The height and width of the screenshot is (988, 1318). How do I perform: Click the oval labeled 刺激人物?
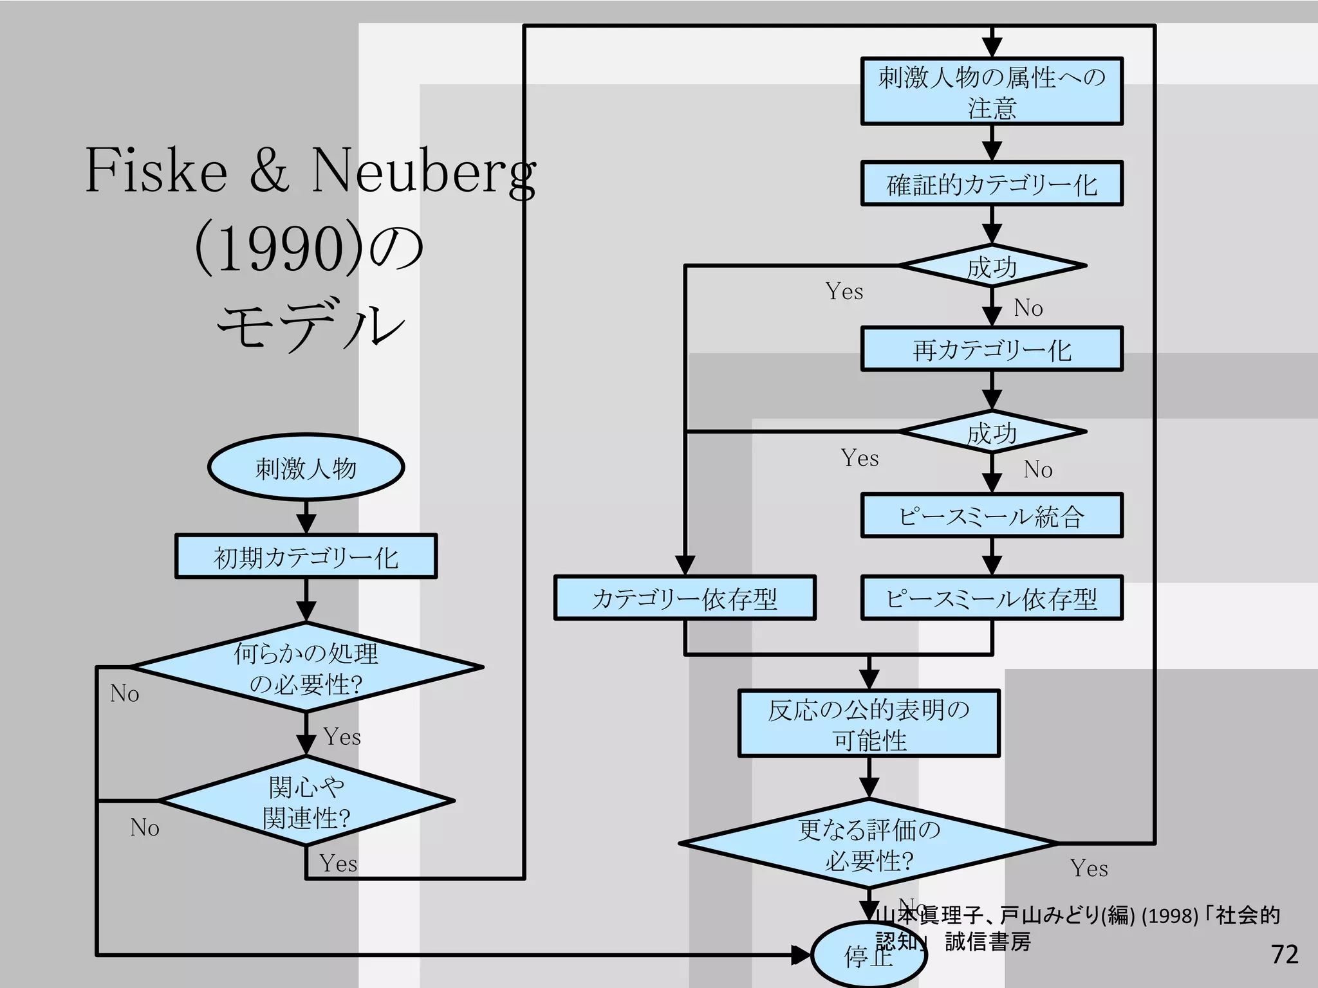click(x=306, y=468)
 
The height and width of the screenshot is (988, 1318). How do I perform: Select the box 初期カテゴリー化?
click(x=306, y=556)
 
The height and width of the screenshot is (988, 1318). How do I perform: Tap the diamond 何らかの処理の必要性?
click(x=306, y=668)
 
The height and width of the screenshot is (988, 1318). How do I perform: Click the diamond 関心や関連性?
click(x=306, y=801)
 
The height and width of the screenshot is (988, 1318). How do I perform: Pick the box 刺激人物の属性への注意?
click(x=992, y=91)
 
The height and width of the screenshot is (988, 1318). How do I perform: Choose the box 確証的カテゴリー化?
click(x=992, y=184)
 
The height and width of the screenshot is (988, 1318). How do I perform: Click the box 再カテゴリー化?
click(x=992, y=349)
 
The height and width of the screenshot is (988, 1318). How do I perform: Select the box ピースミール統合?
click(x=992, y=516)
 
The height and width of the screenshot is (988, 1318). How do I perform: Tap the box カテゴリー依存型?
click(x=685, y=598)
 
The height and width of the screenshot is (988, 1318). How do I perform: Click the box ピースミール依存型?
click(x=992, y=598)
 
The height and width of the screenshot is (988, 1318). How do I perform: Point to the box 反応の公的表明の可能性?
click(x=869, y=724)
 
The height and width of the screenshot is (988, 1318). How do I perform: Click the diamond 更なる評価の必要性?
click(x=869, y=843)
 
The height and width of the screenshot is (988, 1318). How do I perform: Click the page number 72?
click(x=1285, y=954)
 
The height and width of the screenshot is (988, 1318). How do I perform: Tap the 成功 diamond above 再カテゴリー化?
click(x=992, y=266)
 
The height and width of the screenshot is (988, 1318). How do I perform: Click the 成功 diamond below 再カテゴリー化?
click(x=992, y=432)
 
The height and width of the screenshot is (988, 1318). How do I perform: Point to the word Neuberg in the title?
click(x=423, y=170)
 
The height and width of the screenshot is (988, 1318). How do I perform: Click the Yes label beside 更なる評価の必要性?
click(x=1089, y=868)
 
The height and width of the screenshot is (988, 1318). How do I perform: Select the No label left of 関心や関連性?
click(x=145, y=828)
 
